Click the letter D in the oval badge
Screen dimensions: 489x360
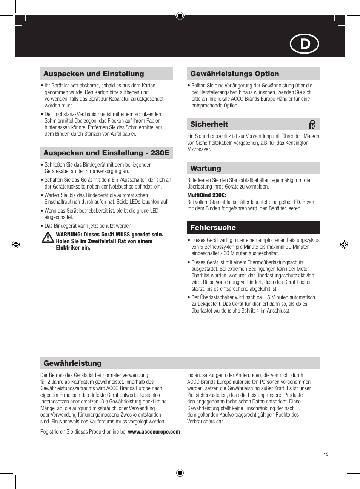[x=305, y=44]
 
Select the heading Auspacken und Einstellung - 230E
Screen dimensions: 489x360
[x=106, y=153]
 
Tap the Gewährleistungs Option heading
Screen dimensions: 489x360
[x=234, y=74]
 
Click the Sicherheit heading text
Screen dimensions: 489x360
[x=209, y=124]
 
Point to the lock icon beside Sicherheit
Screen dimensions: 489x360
[x=312, y=124]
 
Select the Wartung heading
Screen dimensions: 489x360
[x=205, y=169]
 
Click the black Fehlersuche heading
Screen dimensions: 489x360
[x=213, y=228]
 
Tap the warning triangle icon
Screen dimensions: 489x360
[x=48, y=238]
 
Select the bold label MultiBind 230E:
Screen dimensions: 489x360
[x=206, y=195]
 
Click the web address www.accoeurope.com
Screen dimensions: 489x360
[x=154, y=432]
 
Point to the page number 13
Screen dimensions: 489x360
[x=326, y=454]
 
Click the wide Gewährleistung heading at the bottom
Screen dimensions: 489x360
[x=72, y=363]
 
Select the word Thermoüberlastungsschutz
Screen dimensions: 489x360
[x=275, y=262]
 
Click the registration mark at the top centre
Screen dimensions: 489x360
[x=180, y=16]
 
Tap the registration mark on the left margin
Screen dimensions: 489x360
[x=16, y=244]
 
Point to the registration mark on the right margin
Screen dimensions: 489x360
[x=344, y=244]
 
